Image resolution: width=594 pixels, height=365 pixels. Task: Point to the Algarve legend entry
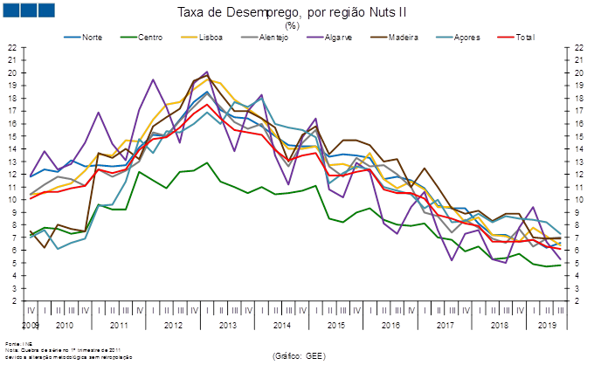tap(336, 37)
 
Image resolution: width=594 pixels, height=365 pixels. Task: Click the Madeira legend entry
tap(397, 37)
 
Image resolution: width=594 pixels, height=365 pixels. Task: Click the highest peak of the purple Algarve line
tap(206, 72)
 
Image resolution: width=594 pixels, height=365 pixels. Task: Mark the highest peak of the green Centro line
tap(206, 162)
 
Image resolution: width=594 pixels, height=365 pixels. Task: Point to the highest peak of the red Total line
tap(207, 104)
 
